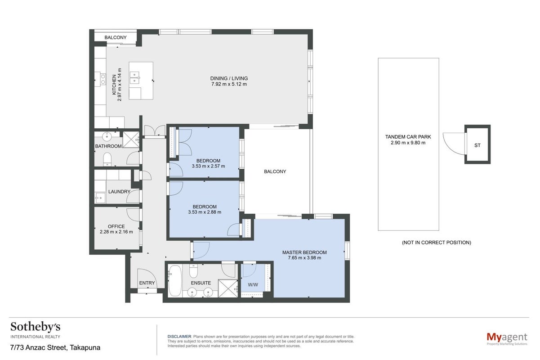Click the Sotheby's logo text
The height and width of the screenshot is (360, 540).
click(35, 328)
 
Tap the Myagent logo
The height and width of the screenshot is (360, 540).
click(507, 338)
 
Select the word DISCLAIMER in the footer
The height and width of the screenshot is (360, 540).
click(179, 336)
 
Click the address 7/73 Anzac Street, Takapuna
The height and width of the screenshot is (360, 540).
click(55, 348)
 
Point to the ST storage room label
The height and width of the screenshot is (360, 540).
click(478, 145)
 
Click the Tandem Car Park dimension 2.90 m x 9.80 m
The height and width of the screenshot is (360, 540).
click(408, 143)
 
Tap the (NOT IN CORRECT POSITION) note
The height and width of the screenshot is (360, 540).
click(436, 243)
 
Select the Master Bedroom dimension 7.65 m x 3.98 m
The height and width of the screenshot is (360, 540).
click(304, 258)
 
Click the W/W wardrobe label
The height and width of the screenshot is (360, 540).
click(253, 285)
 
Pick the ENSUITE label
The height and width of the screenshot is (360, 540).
click(201, 283)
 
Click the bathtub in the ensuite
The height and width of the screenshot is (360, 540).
click(175, 281)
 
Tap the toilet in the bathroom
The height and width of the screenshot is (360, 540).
click(107, 159)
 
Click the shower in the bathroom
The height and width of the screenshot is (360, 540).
click(131, 139)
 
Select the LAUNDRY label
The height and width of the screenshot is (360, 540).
click(119, 192)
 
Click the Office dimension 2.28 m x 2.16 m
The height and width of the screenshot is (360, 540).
click(116, 232)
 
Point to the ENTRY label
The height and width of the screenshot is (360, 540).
click(147, 283)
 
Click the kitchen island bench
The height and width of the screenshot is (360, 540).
click(141, 81)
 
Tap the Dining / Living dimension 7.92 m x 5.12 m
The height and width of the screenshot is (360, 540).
click(229, 84)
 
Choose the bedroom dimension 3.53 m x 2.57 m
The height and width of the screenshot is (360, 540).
click(208, 166)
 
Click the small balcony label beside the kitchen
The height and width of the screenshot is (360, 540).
click(116, 37)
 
